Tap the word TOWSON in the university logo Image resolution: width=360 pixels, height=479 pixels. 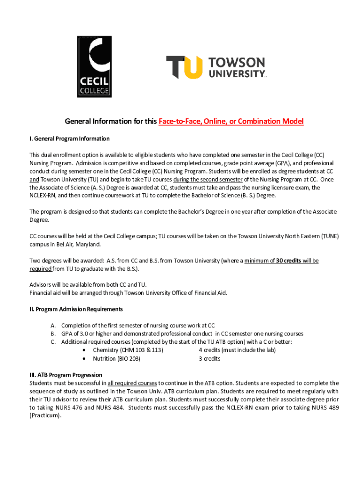tap(237, 63)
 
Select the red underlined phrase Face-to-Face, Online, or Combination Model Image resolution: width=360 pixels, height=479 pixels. tap(231, 122)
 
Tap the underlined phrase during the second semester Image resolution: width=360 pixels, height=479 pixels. tap(208, 180)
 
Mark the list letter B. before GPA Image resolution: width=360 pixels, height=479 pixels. tap(53, 334)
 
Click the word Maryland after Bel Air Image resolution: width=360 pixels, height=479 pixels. tap(86, 244)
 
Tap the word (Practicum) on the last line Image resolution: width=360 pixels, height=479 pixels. tap(45, 415)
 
